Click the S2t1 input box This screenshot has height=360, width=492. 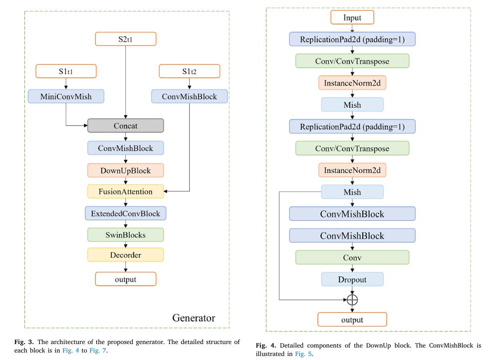(125, 39)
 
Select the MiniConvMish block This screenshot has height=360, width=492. (66, 96)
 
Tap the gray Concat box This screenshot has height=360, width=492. (125, 126)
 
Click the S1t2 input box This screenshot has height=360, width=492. (189, 71)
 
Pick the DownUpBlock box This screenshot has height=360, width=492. (125, 171)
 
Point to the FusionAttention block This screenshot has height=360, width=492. (125, 191)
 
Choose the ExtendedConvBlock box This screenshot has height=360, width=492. (125, 213)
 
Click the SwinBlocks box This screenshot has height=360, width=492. (125, 234)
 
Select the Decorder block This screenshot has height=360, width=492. (125, 255)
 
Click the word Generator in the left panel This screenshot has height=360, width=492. (194, 318)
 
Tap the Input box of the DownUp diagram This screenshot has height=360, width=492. (352, 17)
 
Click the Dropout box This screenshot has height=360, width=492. (352, 279)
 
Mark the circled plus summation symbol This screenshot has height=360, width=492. (352, 300)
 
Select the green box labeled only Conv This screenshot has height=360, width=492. (352, 257)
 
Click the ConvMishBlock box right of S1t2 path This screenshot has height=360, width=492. (189, 96)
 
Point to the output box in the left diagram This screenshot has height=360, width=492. (125, 279)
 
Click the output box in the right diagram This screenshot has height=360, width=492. (352, 319)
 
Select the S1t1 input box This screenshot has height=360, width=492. (66, 71)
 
